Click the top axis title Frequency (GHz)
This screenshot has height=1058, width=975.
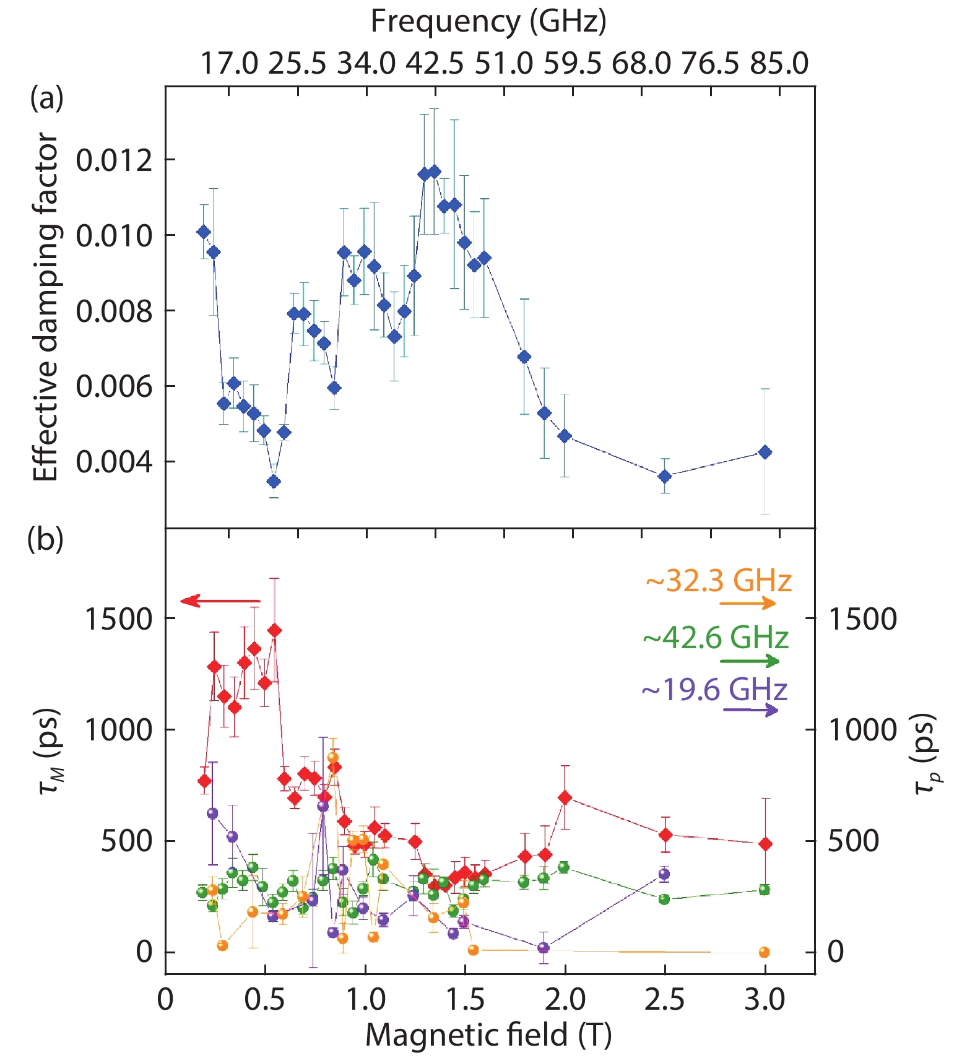pos(488,22)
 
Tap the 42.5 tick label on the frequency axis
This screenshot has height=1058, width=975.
pos(435,63)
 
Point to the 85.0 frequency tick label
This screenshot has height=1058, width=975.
pos(779,63)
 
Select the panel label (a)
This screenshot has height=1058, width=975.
pos(46,98)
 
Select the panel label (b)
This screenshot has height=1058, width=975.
pos(45,539)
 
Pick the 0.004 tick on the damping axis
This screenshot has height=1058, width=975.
pos(114,462)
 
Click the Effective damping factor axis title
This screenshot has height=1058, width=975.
pos(46,308)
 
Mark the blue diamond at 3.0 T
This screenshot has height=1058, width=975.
pos(765,453)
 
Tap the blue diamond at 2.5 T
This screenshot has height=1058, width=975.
pos(665,476)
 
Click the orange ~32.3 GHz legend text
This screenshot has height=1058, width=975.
pos(718,581)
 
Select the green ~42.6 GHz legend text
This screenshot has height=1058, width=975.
pos(716,638)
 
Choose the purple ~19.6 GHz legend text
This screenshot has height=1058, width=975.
pos(714,690)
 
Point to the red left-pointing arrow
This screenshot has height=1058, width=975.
pos(220,601)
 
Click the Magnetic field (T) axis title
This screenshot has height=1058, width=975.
pos(488,1035)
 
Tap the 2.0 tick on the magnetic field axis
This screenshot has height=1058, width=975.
pos(565,1000)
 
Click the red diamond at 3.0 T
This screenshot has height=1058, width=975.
pos(765,844)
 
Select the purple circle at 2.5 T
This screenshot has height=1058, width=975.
pos(664,874)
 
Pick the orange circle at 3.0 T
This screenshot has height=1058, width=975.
pos(764,952)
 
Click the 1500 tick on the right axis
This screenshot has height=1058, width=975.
pos(862,619)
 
